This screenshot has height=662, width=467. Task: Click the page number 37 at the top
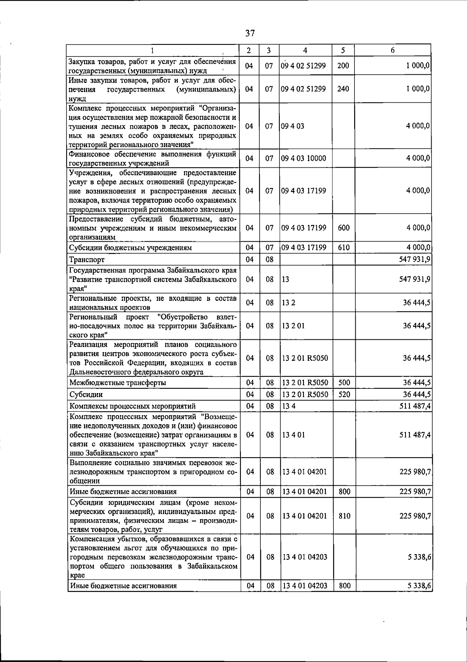250,33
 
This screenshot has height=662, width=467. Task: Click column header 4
305,50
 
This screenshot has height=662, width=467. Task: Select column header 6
393,50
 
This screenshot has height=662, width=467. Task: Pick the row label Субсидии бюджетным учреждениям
130,248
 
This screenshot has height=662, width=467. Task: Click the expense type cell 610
344,248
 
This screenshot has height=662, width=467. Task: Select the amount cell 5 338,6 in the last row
419,586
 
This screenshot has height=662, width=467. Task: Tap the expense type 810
344,516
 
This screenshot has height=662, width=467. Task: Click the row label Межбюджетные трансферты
118,383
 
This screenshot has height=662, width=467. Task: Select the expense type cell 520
344,394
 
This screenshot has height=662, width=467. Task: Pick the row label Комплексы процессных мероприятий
132,406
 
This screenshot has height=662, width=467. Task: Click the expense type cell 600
344,228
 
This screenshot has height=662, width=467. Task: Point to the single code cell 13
286,279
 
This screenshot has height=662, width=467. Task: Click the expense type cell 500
344,383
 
